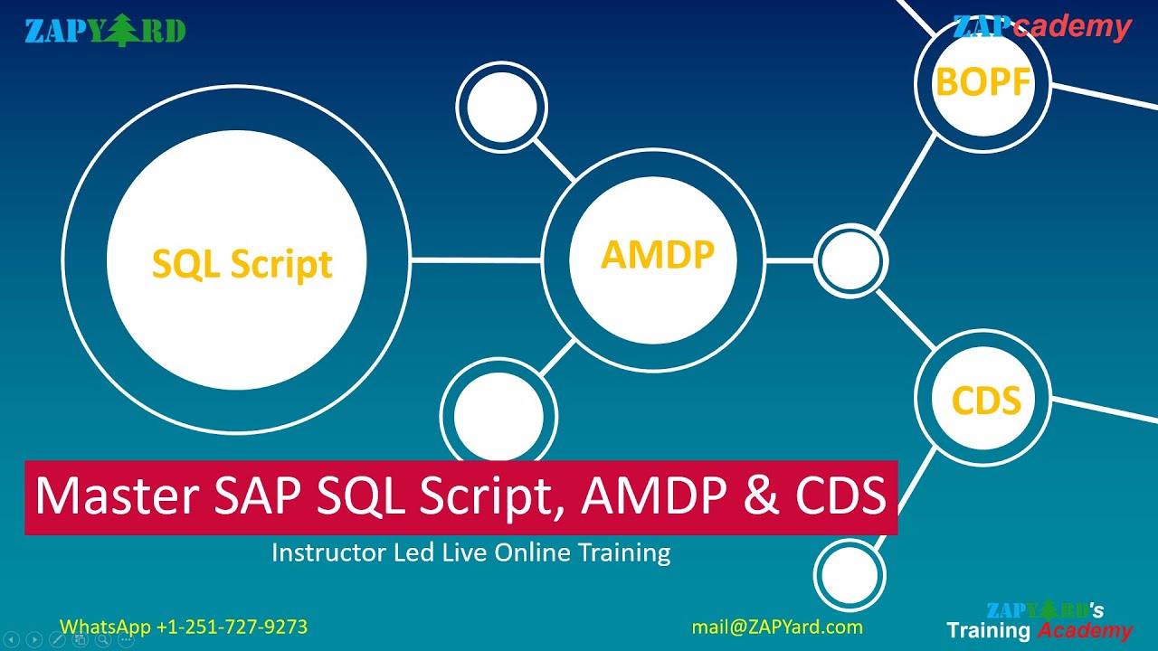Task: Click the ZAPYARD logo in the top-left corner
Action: coord(105,31)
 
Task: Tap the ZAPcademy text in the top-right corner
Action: coord(1041,27)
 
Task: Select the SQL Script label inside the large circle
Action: coord(242,263)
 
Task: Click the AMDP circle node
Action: coord(657,257)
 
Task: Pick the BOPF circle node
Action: coord(982,82)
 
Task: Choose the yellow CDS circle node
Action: coord(985,400)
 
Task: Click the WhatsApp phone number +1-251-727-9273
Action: coord(232,627)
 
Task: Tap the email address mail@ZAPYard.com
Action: coord(776,627)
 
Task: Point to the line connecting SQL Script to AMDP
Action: coord(476,260)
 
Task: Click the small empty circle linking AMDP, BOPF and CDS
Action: coord(850,260)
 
